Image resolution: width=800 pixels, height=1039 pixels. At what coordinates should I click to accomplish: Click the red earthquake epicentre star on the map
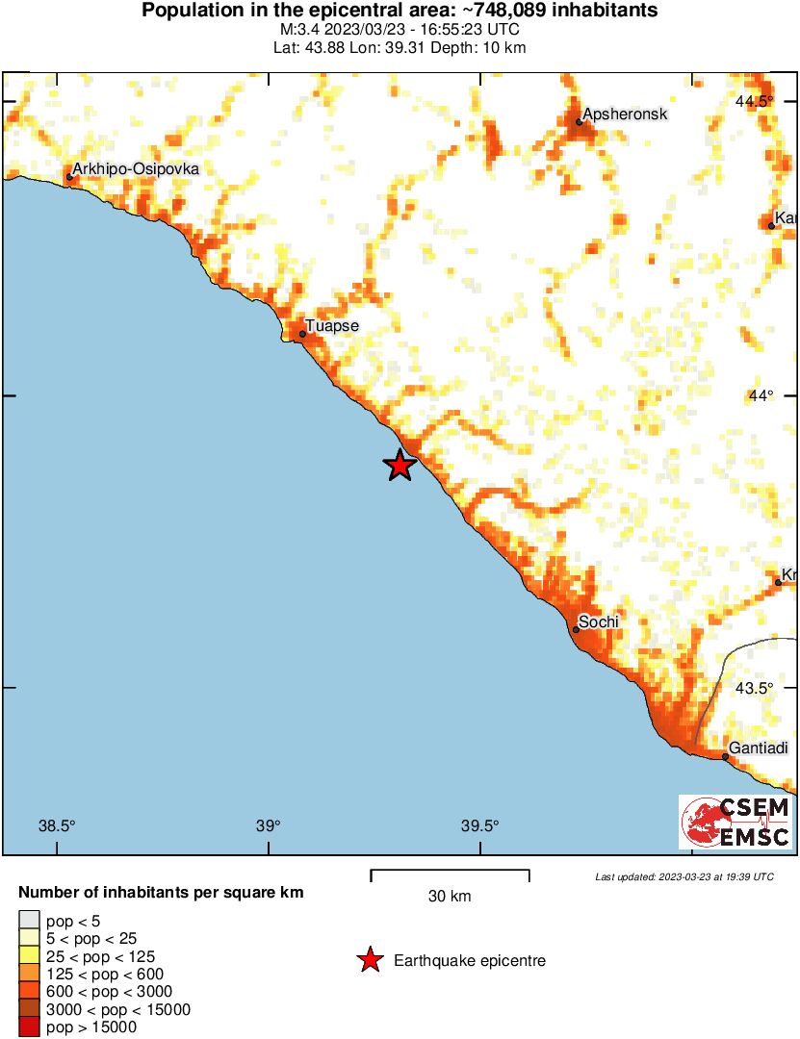pyautogui.click(x=400, y=466)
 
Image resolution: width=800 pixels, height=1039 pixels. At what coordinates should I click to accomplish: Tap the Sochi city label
pyautogui.click(x=598, y=622)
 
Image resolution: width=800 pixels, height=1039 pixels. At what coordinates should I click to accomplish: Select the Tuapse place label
pyautogui.click(x=332, y=326)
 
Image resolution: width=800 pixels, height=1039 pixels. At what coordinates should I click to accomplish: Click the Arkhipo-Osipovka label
pyautogui.click(x=136, y=169)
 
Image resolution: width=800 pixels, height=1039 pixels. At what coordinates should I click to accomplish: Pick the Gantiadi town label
pyautogui.click(x=761, y=748)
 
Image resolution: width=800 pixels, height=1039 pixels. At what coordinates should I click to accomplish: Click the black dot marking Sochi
pyautogui.click(x=576, y=630)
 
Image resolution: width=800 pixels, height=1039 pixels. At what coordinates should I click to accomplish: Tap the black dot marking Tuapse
pyautogui.click(x=302, y=334)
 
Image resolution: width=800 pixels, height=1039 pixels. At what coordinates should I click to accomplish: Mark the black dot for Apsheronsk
pyautogui.click(x=580, y=122)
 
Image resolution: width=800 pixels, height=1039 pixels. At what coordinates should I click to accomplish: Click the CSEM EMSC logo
pyautogui.click(x=736, y=823)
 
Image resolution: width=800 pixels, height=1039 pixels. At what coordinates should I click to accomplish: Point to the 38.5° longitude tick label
pyautogui.click(x=57, y=825)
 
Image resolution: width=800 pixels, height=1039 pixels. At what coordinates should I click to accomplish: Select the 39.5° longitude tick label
pyautogui.click(x=479, y=825)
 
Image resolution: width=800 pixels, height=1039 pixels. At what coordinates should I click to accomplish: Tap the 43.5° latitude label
pyautogui.click(x=756, y=688)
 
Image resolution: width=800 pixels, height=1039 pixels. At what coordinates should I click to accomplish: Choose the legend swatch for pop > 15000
pyautogui.click(x=29, y=1027)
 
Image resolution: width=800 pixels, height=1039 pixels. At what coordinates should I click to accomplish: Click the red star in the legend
pyautogui.click(x=369, y=960)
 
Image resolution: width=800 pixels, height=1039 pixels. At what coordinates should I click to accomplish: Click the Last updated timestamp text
pyautogui.click(x=684, y=876)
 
